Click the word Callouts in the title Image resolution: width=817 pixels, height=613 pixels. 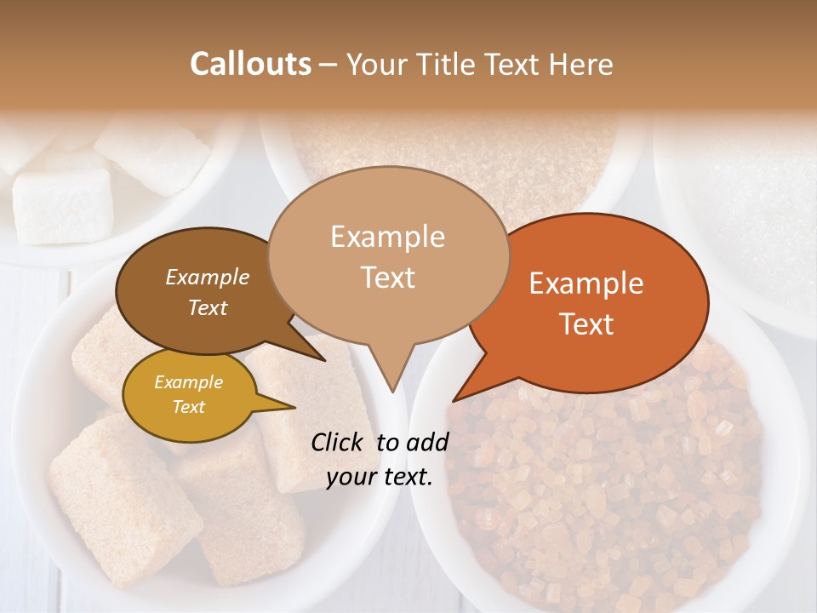tap(250, 64)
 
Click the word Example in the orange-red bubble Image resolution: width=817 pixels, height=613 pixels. tap(586, 284)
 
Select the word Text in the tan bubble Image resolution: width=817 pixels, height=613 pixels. tap(387, 278)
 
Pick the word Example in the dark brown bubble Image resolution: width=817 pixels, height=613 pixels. tap(208, 277)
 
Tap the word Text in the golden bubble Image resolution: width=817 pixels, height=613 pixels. tap(188, 407)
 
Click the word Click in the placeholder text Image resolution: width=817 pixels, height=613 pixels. tap(338, 442)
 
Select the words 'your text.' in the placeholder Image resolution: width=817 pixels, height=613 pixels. tap(380, 478)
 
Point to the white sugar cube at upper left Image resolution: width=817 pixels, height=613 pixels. tap(64, 204)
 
